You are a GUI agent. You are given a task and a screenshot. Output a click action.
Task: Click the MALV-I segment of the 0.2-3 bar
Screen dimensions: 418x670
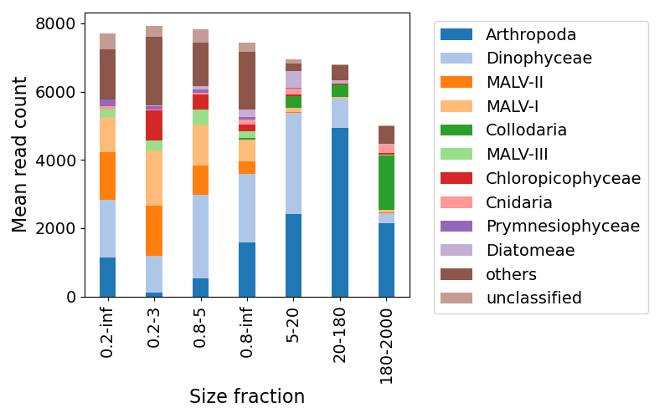(x=154, y=178)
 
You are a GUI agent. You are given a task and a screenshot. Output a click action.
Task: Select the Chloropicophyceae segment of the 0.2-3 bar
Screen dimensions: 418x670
(x=154, y=125)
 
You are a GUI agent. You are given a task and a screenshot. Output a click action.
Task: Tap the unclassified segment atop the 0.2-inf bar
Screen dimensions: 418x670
(x=108, y=41)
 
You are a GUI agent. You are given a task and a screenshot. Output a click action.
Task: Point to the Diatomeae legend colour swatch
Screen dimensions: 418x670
(x=456, y=250)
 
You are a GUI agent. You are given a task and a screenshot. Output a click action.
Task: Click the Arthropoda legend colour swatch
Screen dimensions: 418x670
(x=456, y=35)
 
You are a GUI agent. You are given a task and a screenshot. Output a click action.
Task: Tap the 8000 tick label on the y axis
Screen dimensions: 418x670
(x=58, y=23)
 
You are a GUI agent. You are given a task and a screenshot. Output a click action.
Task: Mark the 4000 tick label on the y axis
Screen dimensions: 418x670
(x=58, y=161)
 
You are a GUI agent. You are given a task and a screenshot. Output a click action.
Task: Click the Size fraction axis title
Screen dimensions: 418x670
(x=247, y=396)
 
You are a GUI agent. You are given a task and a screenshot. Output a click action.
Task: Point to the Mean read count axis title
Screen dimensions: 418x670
(x=20, y=155)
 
